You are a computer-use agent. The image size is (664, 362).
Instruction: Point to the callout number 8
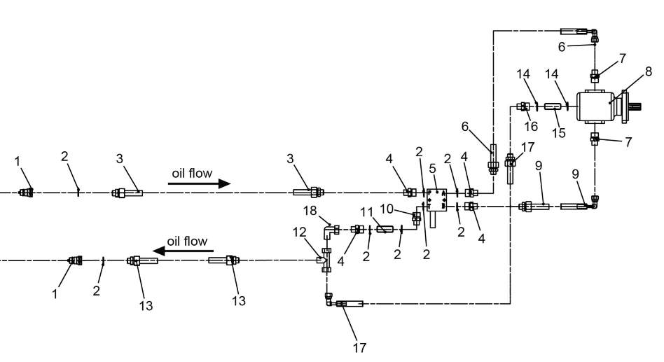tap(648, 71)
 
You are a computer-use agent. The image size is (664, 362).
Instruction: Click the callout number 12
tap(300, 231)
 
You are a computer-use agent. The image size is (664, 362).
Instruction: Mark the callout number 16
tap(530, 126)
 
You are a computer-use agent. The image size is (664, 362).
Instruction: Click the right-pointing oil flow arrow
tap(200, 183)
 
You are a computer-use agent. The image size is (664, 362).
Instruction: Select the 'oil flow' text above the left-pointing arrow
tap(187, 241)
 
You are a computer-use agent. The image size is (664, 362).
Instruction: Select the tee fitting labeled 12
tap(325, 260)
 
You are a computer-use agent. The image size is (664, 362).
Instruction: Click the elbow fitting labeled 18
tap(329, 228)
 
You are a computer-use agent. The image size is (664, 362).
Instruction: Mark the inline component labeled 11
tap(385, 229)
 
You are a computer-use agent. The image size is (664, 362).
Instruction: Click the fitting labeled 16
tap(523, 106)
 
